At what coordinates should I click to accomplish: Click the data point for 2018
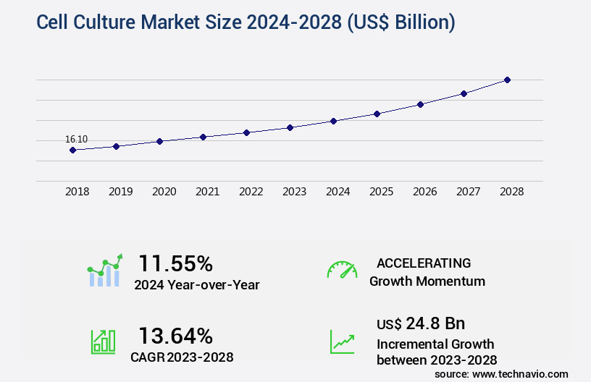pyautogui.click(x=72, y=150)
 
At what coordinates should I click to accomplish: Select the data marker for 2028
pyautogui.click(x=507, y=80)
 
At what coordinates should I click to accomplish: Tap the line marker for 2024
pyautogui.click(x=333, y=121)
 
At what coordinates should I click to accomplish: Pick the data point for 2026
pyautogui.click(x=420, y=104)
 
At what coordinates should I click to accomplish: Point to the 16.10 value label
pyautogui.click(x=76, y=139)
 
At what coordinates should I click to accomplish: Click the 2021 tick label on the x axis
pyautogui.click(x=208, y=192)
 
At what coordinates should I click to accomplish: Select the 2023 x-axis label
pyautogui.click(x=295, y=192)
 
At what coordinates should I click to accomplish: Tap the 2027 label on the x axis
pyautogui.click(x=469, y=192)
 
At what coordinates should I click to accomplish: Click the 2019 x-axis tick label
pyautogui.click(x=121, y=192)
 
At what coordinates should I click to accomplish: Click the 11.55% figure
pyautogui.click(x=175, y=263)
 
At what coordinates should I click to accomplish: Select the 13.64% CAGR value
pyautogui.click(x=175, y=336)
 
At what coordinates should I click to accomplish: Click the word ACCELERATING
pyautogui.click(x=423, y=263)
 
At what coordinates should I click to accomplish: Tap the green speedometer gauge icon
pyautogui.click(x=342, y=270)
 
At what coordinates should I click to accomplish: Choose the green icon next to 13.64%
pyautogui.click(x=103, y=341)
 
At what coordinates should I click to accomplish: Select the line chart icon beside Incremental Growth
pyautogui.click(x=342, y=341)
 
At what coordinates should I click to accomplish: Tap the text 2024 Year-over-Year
pyautogui.click(x=196, y=285)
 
